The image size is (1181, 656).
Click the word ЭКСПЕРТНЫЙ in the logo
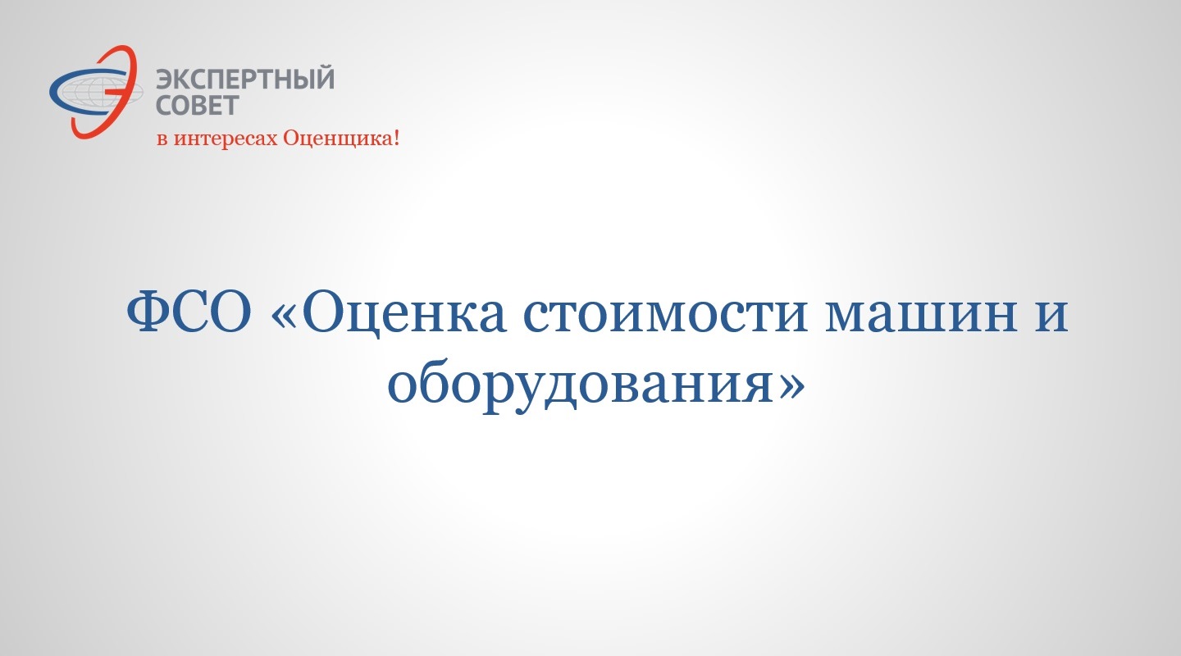[245, 79]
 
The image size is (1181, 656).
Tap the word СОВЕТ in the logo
[198, 106]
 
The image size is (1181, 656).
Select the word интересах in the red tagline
[226, 139]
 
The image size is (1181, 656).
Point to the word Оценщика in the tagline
[337, 138]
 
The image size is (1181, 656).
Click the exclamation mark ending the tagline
[396, 138]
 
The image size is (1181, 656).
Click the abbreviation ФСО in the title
[189, 312]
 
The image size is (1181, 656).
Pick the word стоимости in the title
[666, 317]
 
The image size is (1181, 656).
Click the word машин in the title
[921, 317]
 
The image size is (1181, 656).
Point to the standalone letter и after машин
[1051, 317]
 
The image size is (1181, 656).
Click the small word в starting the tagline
[163, 139]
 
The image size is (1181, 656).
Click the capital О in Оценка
[323, 312]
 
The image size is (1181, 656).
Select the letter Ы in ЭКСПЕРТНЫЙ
[299, 79]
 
